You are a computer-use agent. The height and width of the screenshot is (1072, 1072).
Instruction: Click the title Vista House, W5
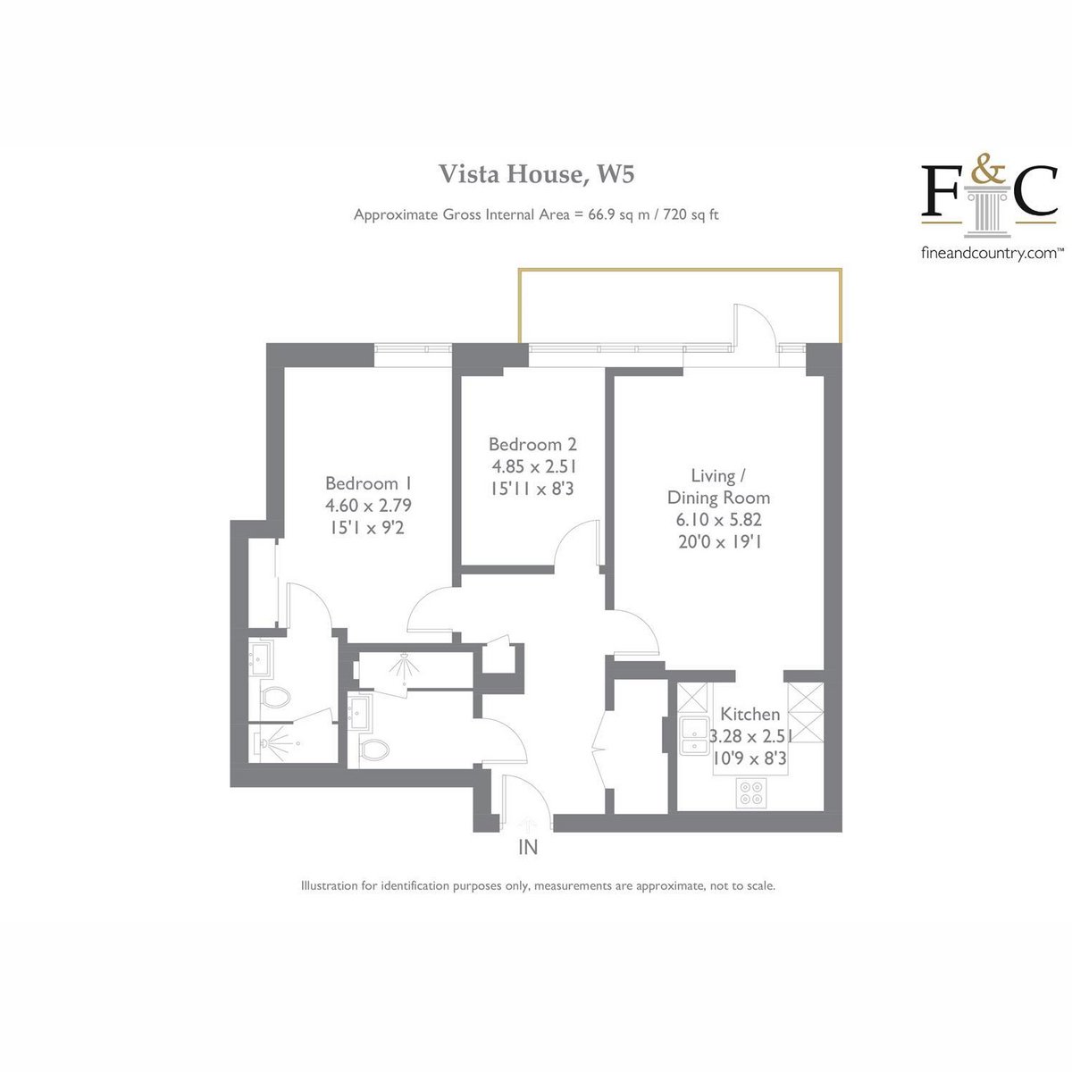536,174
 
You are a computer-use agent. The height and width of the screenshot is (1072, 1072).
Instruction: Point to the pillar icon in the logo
988,207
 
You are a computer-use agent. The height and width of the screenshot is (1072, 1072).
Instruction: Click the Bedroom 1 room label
368,483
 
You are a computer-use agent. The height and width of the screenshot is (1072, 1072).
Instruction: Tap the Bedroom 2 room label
532,444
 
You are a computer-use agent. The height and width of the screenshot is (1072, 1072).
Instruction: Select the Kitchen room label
750,714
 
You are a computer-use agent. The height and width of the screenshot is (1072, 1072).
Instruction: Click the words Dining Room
718,498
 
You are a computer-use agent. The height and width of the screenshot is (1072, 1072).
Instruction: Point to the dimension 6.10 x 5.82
718,520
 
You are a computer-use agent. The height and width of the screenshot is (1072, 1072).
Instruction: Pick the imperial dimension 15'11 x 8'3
532,489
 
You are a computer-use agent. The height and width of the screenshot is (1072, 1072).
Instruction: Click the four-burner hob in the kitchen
751,792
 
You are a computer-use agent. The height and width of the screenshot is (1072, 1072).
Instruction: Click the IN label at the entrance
528,847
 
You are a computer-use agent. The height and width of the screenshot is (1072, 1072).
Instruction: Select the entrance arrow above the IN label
526,824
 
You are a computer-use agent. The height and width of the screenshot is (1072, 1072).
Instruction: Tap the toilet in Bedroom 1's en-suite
275,697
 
